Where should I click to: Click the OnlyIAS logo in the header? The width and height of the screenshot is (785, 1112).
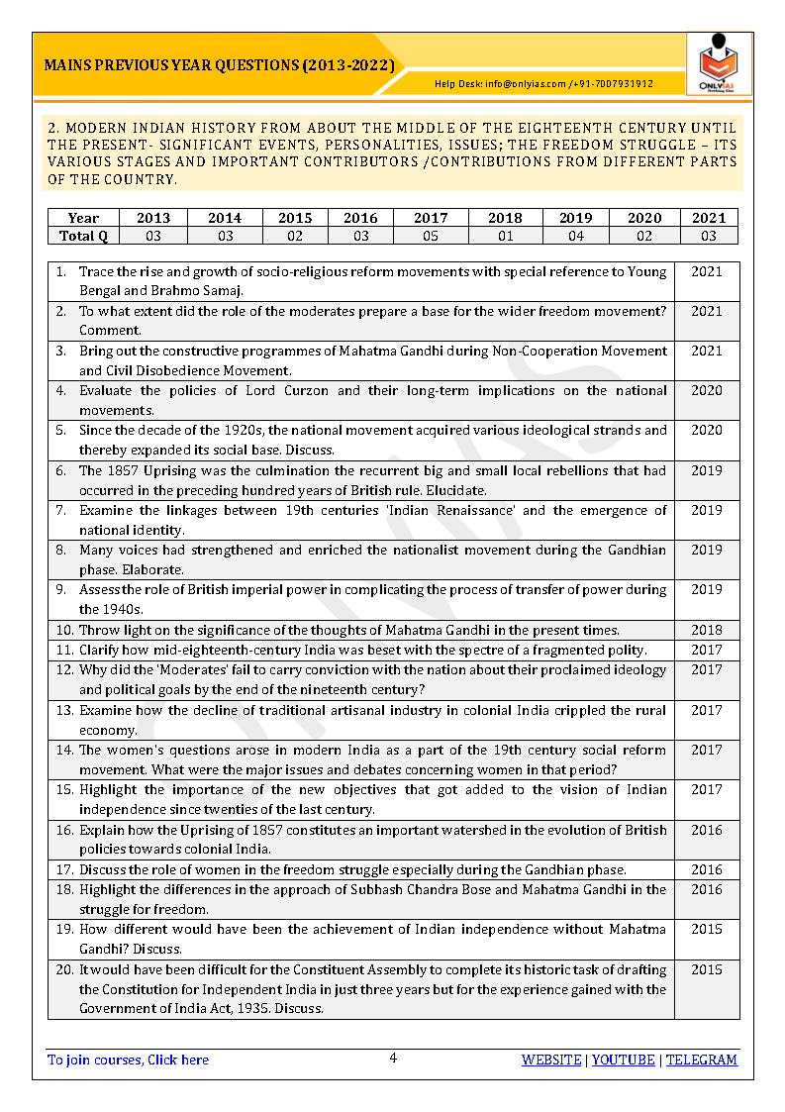(x=719, y=64)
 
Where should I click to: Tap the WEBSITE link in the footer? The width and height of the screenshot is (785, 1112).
(x=551, y=1060)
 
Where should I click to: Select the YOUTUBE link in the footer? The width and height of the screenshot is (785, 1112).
(x=624, y=1060)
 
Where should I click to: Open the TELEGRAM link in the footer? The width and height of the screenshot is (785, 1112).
(x=702, y=1060)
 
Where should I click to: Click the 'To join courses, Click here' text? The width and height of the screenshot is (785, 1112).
(x=129, y=1060)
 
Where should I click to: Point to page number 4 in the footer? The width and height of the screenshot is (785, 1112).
(x=393, y=1058)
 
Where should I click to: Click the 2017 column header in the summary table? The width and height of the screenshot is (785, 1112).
(x=431, y=218)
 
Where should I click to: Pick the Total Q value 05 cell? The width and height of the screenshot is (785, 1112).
(x=431, y=236)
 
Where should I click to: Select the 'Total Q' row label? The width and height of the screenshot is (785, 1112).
(x=83, y=236)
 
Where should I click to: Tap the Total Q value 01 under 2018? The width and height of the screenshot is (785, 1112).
(x=505, y=236)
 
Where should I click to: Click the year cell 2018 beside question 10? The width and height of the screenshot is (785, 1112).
(x=706, y=630)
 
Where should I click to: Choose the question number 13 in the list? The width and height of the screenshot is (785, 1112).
(x=64, y=710)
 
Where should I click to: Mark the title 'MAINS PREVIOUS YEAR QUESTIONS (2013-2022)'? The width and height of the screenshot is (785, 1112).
(x=220, y=66)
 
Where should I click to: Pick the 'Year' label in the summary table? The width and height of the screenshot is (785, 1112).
(x=83, y=218)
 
